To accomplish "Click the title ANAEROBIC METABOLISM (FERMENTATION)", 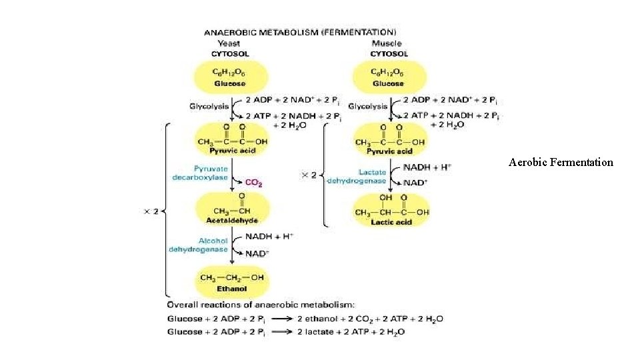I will coord(299,31).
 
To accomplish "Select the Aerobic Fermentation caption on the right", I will coord(561,162).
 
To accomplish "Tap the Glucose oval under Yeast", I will coord(230,77).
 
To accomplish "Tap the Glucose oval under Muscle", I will coord(388,77).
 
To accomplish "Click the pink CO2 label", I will coord(253,182).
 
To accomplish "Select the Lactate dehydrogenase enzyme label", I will coord(357,177).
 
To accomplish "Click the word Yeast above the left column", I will coord(230,43).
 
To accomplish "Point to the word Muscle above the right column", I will coord(387,43).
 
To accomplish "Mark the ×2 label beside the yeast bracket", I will coord(151,211).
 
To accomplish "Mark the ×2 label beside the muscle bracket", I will coord(309,175).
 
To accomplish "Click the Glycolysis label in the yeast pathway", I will coord(208,106).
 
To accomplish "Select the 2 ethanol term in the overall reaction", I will coord(313,319).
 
